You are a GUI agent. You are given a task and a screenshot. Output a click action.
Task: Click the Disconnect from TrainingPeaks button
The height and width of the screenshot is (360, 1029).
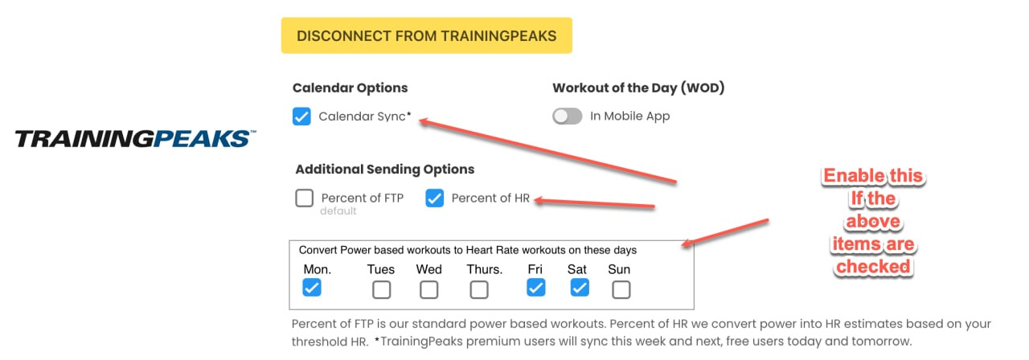426,35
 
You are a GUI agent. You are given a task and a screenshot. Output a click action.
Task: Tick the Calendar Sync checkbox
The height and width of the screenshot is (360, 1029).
301,117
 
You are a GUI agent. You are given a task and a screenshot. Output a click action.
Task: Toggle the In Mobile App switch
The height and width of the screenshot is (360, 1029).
567,117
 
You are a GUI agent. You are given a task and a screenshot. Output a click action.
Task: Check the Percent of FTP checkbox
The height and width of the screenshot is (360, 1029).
304,198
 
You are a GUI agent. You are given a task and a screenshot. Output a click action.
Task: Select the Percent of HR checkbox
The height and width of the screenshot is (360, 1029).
434,198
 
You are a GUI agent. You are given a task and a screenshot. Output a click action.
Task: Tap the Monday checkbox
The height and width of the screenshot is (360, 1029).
311,288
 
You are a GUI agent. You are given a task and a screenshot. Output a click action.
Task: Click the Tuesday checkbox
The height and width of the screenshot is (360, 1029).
381,290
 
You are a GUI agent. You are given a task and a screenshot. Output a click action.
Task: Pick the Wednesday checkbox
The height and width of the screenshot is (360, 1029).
428,290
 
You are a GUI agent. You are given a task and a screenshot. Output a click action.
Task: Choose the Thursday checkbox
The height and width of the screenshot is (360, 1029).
478,290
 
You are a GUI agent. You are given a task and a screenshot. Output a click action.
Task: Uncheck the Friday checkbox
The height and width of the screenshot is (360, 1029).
535,288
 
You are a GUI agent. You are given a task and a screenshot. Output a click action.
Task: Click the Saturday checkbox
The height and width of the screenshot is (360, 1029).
580,288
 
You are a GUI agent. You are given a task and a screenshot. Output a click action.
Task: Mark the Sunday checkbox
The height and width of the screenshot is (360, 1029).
621,290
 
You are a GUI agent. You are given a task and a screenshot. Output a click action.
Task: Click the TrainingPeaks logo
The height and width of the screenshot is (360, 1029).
136,139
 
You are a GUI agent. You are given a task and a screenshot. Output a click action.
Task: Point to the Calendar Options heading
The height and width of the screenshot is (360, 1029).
350,88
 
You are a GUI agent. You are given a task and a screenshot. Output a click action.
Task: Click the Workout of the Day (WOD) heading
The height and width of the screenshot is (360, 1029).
638,88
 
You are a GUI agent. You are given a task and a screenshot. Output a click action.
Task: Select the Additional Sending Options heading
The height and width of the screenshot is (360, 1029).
385,170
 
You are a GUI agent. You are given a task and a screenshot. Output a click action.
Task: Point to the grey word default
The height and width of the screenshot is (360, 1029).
338,211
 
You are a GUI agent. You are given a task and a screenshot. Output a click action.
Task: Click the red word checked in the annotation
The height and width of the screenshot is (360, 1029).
873,266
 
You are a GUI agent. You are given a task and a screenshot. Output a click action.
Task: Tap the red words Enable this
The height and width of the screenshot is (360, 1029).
873,175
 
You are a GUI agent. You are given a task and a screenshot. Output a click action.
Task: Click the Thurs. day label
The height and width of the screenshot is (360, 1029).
485,269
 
